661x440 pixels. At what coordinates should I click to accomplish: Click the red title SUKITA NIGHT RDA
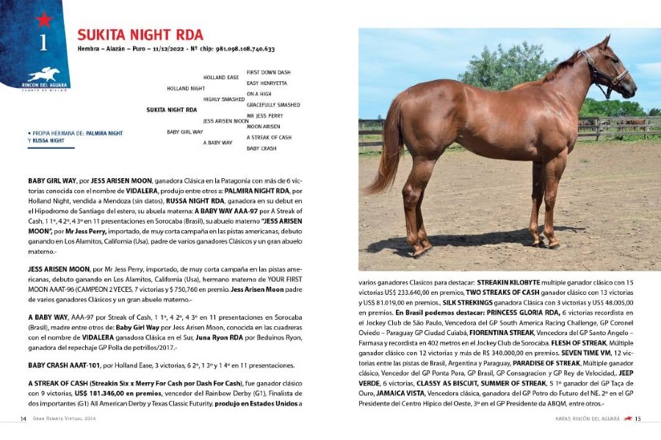point(140,35)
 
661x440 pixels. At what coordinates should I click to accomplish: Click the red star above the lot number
point(43,19)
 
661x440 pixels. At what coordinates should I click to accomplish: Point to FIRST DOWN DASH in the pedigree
point(268,73)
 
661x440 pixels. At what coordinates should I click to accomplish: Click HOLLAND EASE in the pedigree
point(220,78)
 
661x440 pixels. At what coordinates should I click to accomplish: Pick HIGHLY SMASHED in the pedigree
point(223,99)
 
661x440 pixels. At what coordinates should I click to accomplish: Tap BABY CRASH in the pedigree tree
point(261,148)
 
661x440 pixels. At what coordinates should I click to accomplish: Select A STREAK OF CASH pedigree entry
point(269,137)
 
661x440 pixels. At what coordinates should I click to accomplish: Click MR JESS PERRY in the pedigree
point(264,116)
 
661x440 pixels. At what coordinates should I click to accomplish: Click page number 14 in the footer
point(24,419)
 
